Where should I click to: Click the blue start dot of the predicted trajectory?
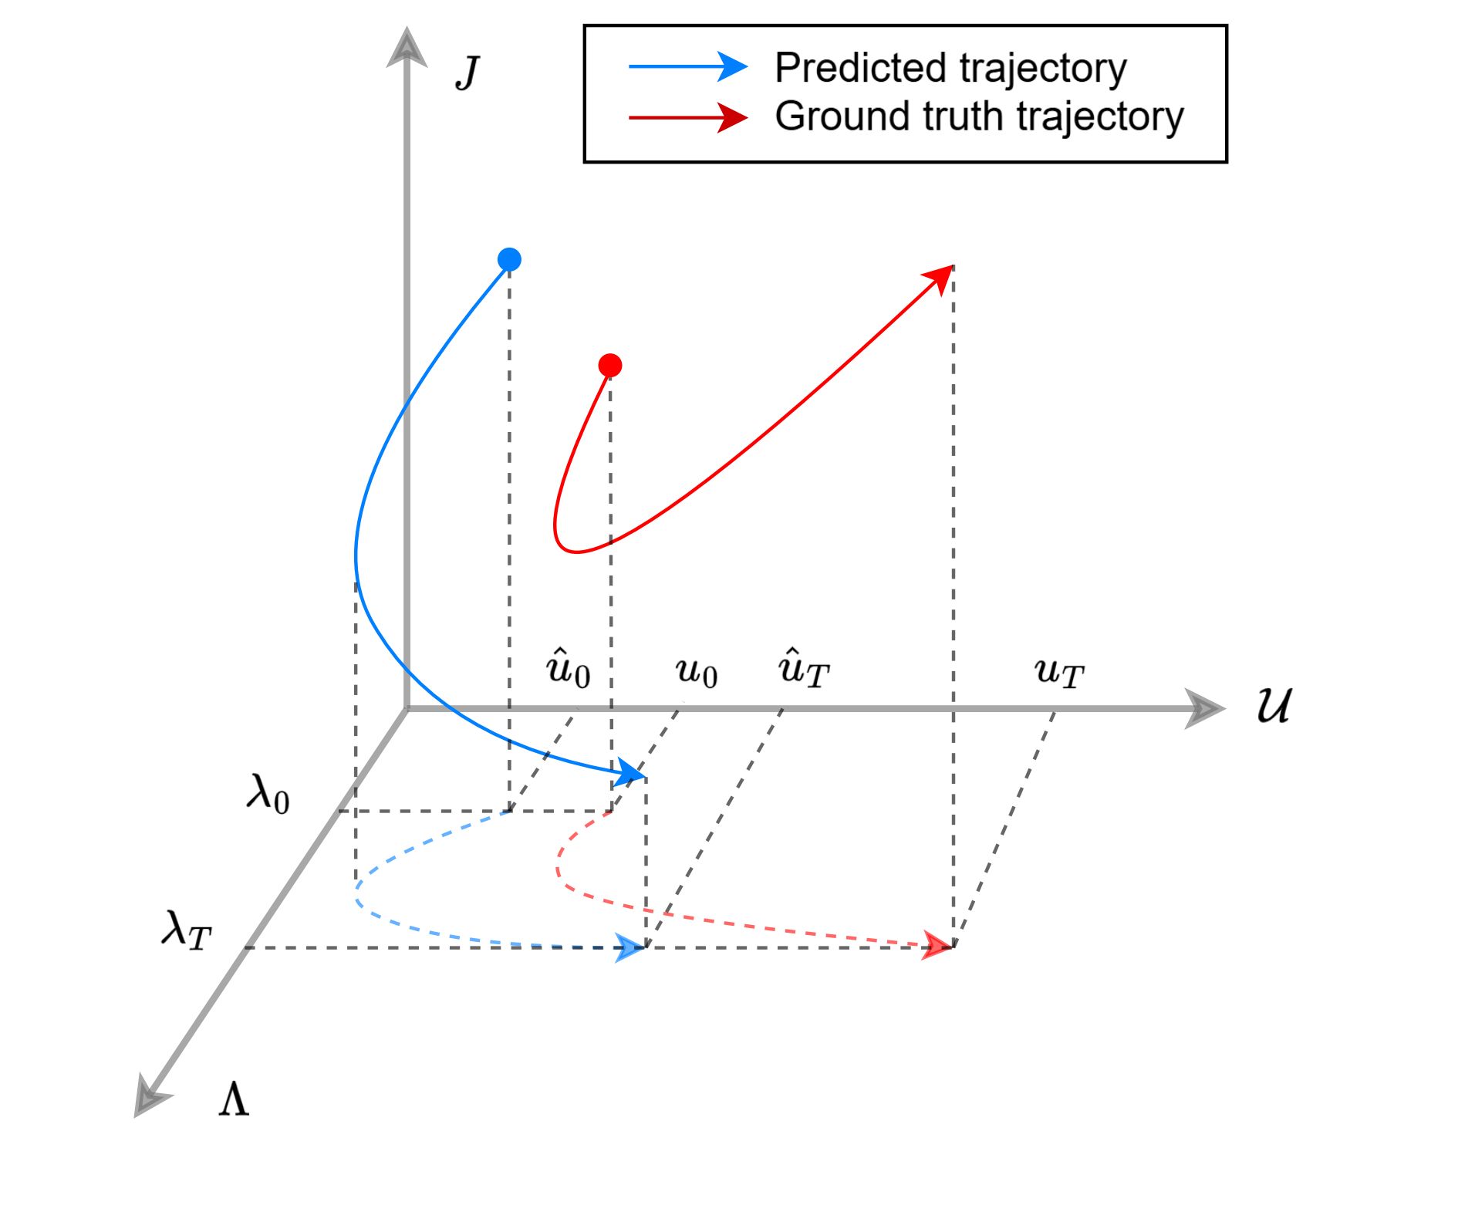[x=509, y=259]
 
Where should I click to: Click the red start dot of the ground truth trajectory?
[x=610, y=365]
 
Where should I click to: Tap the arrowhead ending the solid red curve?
[x=940, y=278]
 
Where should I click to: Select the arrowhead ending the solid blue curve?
[x=631, y=773]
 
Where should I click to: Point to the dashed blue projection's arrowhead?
[x=630, y=947]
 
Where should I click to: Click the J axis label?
[x=467, y=73]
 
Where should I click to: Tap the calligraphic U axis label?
[x=1274, y=705]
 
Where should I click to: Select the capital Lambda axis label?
[x=234, y=1099]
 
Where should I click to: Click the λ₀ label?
[x=268, y=792]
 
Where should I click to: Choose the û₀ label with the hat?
[x=568, y=668]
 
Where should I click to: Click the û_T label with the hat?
[x=803, y=668]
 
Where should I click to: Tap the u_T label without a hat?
[x=1058, y=673]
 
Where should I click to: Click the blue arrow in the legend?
[x=687, y=67]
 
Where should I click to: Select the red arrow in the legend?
[x=687, y=117]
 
